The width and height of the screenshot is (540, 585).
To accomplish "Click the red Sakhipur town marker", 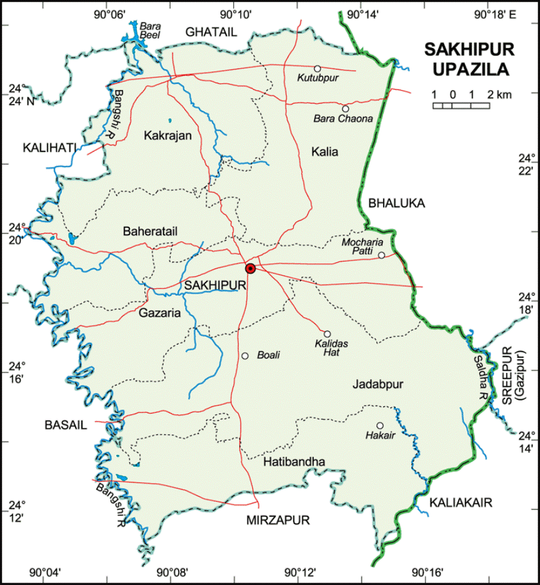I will pyautogui.click(x=251, y=268).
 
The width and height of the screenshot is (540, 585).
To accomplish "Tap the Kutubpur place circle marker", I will pyautogui.click(x=317, y=68).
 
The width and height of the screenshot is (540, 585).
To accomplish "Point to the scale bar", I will pyautogui.click(x=461, y=106).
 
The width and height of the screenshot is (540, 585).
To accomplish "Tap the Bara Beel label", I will pyautogui.click(x=151, y=31).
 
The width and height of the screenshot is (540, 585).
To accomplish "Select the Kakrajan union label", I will pyautogui.click(x=167, y=135).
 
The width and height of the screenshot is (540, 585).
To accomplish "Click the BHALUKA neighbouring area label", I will pyautogui.click(x=396, y=203).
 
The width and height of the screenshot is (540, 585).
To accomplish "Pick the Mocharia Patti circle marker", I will pyautogui.click(x=381, y=255).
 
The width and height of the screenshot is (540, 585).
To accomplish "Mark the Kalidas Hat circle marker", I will pyautogui.click(x=326, y=333).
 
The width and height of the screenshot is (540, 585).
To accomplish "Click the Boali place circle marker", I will pyautogui.click(x=245, y=356).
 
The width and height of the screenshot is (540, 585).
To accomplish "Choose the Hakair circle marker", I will pyautogui.click(x=379, y=425).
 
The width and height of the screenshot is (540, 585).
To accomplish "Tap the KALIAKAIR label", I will pyautogui.click(x=461, y=502).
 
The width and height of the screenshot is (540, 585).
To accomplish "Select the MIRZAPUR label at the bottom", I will pyautogui.click(x=278, y=520).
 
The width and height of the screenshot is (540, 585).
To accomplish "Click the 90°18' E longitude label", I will pyautogui.click(x=495, y=14).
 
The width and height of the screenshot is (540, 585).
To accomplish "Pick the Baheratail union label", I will pyautogui.click(x=151, y=231).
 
